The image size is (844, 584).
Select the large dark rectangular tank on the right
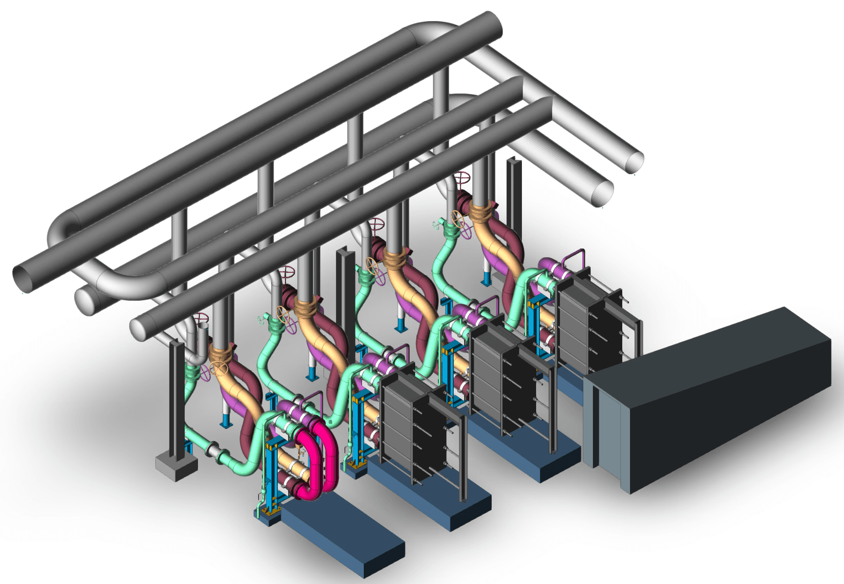click(715, 399)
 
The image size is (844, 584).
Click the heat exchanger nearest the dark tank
click(591, 321)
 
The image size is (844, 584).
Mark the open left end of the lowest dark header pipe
click(139, 329)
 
